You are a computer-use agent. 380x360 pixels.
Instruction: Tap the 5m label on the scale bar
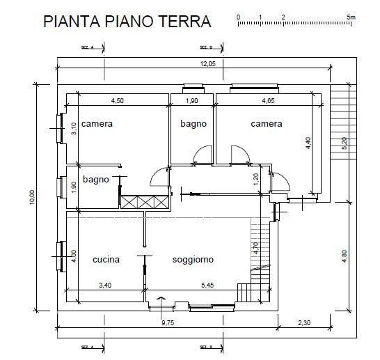pyautogui.click(x=350, y=16)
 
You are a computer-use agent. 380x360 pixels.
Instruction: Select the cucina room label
pyautogui.click(x=106, y=260)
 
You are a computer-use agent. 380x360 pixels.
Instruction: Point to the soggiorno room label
pyautogui.click(x=193, y=260)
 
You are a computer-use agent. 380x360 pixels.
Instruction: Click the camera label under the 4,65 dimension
pyautogui.click(x=267, y=124)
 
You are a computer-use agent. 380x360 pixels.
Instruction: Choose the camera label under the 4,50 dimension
pyautogui.click(x=97, y=124)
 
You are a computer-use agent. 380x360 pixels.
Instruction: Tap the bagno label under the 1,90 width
pyautogui.click(x=193, y=124)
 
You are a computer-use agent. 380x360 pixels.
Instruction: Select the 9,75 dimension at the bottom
pyautogui.click(x=169, y=323)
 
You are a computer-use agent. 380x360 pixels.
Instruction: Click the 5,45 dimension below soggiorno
pyautogui.click(x=208, y=285)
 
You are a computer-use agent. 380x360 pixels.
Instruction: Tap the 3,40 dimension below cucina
pyautogui.click(x=106, y=285)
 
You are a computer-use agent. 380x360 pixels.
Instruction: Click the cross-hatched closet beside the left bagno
pyautogui.click(x=145, y=202)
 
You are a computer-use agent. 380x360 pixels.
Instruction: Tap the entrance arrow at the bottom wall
pyautogui.click(x=161, y=300)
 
